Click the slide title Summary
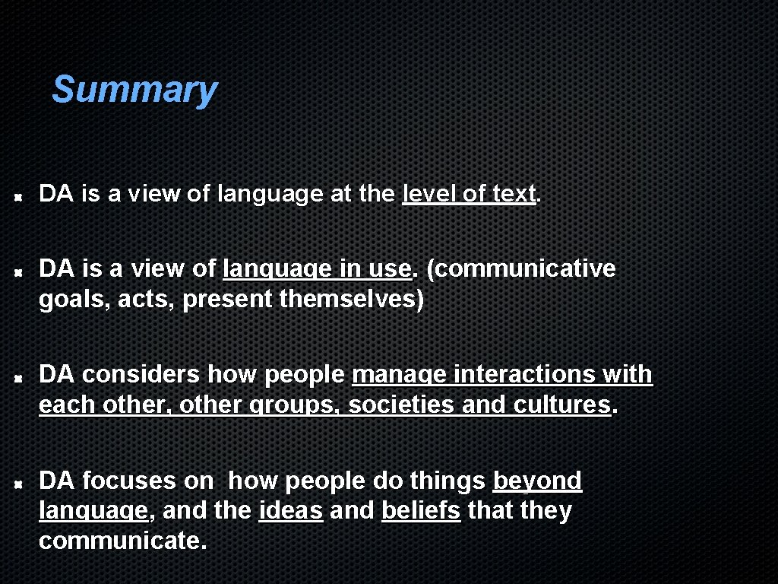134,90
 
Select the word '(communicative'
521,268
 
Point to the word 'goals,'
69,300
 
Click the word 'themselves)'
352,300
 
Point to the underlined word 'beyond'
537,481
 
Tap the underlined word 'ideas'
291,510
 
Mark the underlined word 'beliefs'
421,510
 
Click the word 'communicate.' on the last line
122,541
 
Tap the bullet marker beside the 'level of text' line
24,195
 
